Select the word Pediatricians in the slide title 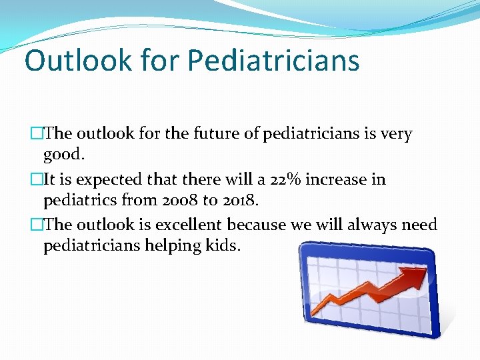pos(273,60)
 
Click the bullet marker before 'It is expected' pos(37,180)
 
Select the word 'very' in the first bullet pos(396,134)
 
